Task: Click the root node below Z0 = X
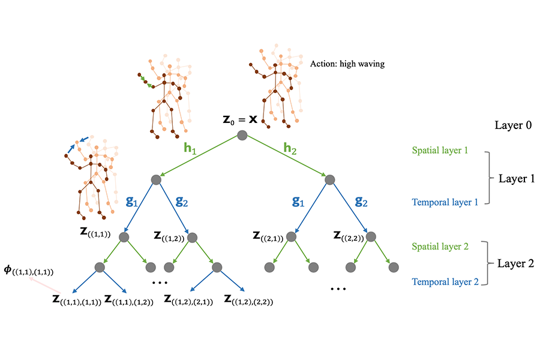pos(242,136)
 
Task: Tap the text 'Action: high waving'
pos(347,64)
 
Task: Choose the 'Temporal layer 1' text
pos(444,202)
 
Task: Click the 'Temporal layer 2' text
pos(444,281)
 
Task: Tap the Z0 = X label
pos(240,119)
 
